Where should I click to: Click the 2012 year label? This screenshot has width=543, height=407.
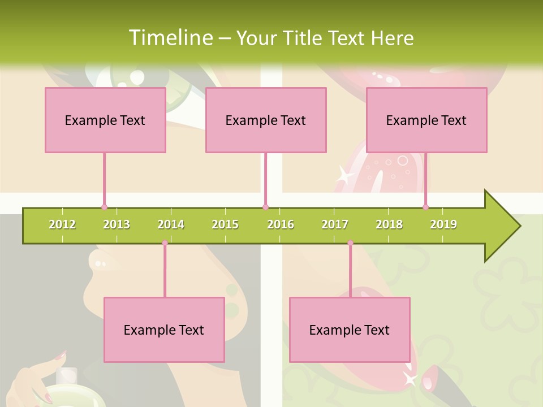tap(62, 224)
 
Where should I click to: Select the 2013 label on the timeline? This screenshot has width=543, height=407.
tap(117, 224)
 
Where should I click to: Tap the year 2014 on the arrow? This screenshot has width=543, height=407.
tap(171, 224)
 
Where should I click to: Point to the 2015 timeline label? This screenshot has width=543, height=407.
tap(225, 224)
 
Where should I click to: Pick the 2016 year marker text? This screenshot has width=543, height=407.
tap(281, 224)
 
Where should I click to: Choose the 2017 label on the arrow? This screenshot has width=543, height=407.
tap(335, 224)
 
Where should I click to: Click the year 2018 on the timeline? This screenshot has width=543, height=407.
tap(389, 224)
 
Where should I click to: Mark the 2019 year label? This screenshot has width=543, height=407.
tap(443, 224)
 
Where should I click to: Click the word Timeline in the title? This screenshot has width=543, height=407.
tap(170, 38)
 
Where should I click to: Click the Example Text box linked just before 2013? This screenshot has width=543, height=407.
tap(105, 120)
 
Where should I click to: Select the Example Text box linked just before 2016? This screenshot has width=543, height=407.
tap(266, 120)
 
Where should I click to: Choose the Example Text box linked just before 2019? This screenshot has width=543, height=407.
tap(426, 120)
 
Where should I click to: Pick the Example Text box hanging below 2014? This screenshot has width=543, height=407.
tap(164, 330)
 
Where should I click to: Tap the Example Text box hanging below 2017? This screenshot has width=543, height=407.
tap(350, 330)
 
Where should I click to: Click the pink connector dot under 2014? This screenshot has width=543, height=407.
tap(165, 243)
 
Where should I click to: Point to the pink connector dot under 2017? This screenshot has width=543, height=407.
tap(350, 243)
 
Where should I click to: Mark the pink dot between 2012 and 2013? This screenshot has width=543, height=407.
tap(105, 207)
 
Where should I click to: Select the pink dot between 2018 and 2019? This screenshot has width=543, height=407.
tap(425, 207)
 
